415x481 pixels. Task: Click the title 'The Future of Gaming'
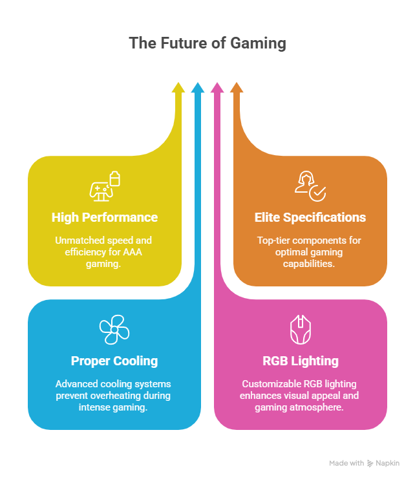pos(207,44)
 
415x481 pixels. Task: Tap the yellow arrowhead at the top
pos(178,89)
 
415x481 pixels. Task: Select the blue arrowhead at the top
pos(198,89)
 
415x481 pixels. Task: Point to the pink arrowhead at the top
pos(217,89)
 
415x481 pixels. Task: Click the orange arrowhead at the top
pos(237,89)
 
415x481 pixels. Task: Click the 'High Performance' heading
pos(105,217)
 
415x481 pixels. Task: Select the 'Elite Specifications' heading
pos(310,217)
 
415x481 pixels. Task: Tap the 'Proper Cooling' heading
pos(114,361)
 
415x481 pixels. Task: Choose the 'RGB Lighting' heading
pos(301,361)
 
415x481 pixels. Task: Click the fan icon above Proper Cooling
pos(114,330)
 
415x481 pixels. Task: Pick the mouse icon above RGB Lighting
pos(301,330)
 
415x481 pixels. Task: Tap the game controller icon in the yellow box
pos(101,189)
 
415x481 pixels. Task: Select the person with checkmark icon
pos(310,186)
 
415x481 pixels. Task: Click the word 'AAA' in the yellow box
pos(140,252)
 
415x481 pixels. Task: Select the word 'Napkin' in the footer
pos(388,463)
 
